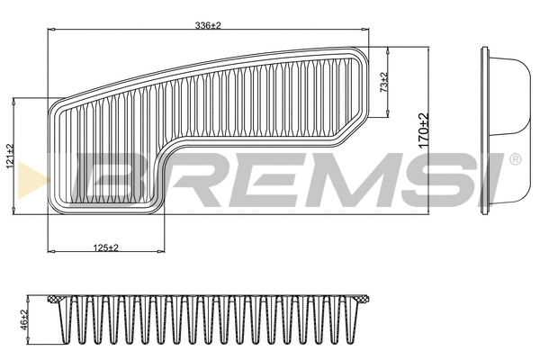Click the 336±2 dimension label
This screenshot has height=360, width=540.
click(x=208, y=26)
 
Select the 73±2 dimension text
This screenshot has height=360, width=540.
click(x=384, y=82)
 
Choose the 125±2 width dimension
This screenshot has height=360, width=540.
click(x=106, y=247)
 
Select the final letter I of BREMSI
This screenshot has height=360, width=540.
click(x=490, y=176)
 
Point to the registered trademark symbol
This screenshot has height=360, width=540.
click(x=514, y=159)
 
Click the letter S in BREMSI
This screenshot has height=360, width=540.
click(x=425, y=176)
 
